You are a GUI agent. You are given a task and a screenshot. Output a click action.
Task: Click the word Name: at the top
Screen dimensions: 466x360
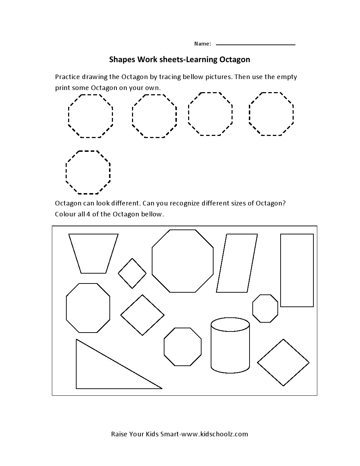(202, 44)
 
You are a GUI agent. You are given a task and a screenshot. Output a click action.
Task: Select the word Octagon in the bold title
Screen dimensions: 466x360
(235, 59)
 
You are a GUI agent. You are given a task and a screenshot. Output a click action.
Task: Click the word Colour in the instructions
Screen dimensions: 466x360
(65, 214)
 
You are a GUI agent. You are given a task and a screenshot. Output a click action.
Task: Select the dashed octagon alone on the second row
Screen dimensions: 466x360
(88, 172)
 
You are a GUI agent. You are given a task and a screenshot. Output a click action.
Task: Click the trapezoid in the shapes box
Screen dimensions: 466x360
(93, 253)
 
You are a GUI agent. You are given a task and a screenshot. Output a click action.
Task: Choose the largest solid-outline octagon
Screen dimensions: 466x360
(182, 261)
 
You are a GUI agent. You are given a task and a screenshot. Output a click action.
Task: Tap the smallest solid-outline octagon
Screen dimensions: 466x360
(265, 309)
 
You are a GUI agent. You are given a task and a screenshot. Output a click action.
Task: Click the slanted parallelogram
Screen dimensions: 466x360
(237, 263)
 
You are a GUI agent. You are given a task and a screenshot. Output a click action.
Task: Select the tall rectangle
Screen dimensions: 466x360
(297, 270)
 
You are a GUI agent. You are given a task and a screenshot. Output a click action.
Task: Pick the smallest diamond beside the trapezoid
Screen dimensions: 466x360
(132, 273)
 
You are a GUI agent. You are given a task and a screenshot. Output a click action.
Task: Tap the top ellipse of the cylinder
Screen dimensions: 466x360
(230, 324)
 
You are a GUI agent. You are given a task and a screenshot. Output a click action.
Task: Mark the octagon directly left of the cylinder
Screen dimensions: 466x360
(182, 347)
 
